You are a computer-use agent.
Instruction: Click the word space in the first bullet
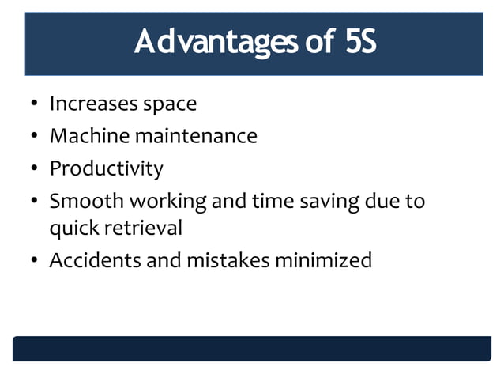click(x=169, y=104)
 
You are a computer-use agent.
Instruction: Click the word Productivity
click(x=107, y=168)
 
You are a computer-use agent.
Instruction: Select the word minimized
click(x=323, y=260)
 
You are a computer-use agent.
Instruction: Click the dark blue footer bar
click(x=251, y=348)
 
